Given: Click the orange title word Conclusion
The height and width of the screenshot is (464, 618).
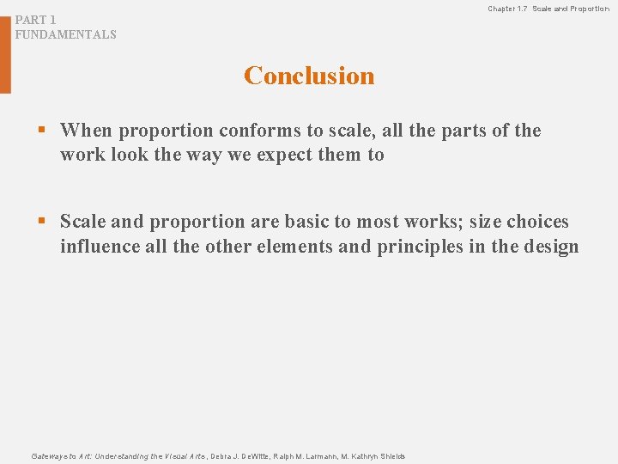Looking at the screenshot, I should (309, 76).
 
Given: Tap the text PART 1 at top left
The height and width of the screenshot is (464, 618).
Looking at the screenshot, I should (36, 20).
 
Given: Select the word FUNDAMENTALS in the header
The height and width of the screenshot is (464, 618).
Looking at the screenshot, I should (65, 35).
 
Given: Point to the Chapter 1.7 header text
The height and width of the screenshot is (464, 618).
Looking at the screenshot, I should (508, 9).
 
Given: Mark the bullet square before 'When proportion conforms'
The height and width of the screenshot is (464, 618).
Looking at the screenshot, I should (40, 131).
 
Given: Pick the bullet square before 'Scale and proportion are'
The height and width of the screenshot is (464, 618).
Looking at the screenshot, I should (40, 222).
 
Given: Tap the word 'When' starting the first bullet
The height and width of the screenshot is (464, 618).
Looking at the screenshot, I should (87, 131).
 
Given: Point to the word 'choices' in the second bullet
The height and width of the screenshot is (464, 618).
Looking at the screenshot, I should (537, 222).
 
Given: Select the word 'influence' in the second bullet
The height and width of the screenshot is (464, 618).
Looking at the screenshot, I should (98, 247).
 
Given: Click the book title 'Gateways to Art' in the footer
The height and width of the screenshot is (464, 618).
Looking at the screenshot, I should (58, 456).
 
